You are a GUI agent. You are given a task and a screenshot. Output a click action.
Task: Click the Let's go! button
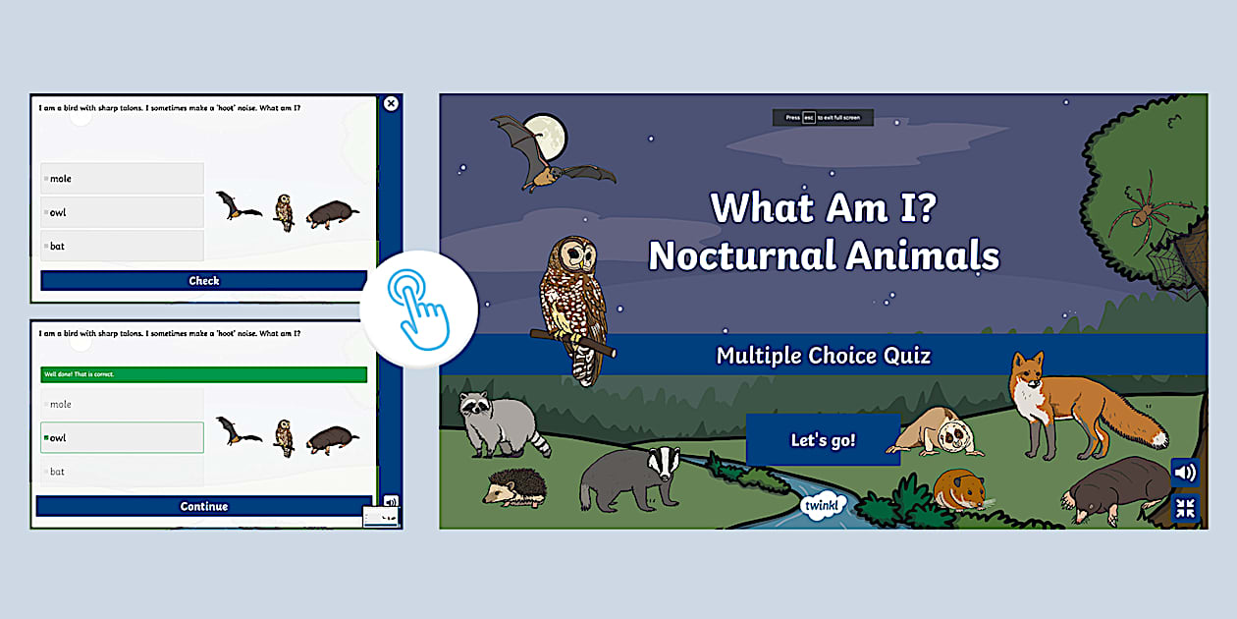tap(823, 440)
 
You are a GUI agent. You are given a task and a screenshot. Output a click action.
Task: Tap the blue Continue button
tap(204, 506)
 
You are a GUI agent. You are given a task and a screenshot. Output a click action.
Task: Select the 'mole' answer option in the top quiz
tap(122, 179)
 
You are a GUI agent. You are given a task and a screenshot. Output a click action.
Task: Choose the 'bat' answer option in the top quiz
tap(122, 246)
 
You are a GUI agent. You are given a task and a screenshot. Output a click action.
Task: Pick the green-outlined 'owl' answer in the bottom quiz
tap(122, 437)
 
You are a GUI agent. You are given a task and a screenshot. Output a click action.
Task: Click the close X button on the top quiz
tap(391, 103)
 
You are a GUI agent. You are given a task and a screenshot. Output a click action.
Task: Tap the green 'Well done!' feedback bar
tap(203, 374)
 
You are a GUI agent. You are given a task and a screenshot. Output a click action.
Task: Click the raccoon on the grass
tap(498, 421)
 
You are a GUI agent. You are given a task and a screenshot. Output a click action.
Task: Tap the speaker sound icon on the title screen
tap(1185, 473)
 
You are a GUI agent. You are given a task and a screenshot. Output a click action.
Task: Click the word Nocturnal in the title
tap(751, 256)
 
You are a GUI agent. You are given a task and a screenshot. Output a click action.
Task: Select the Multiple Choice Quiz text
tap(823, 355)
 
